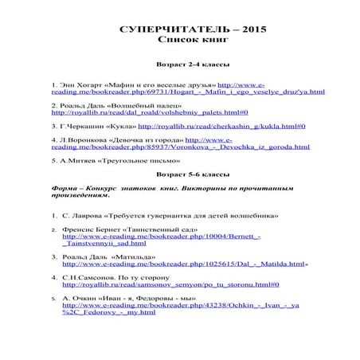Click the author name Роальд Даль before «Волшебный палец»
coord(84,104)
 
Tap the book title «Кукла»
coord(120,126)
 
